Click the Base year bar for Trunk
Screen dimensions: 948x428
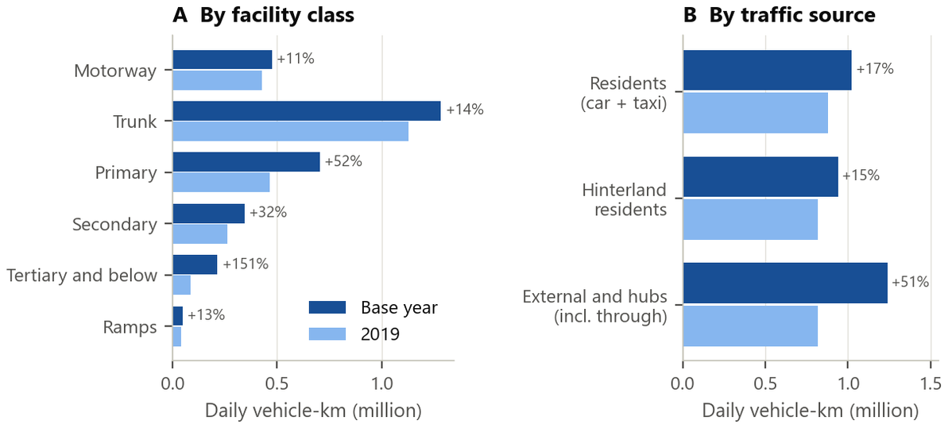[307, 111]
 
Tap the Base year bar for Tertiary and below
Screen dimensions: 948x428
[195, 264]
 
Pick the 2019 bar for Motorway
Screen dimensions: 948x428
[217, 80]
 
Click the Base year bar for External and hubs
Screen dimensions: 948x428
[785, 283]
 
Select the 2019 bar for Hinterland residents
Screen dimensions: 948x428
[750, 220]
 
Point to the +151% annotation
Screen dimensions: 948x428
[246, 264]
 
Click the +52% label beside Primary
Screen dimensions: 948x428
[343, 162]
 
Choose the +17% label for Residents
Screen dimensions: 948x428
[875, 69]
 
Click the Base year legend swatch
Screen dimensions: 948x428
[327, 307]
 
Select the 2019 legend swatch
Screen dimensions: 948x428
[327, 334]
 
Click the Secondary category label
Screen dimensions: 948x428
[114, 225]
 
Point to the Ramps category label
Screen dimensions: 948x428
[129, 328]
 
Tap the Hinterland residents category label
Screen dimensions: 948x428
[624, 200]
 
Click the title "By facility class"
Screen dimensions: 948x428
[278, 16]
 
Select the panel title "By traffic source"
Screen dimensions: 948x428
[792, 16]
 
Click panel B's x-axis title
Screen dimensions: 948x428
[811, 411]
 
